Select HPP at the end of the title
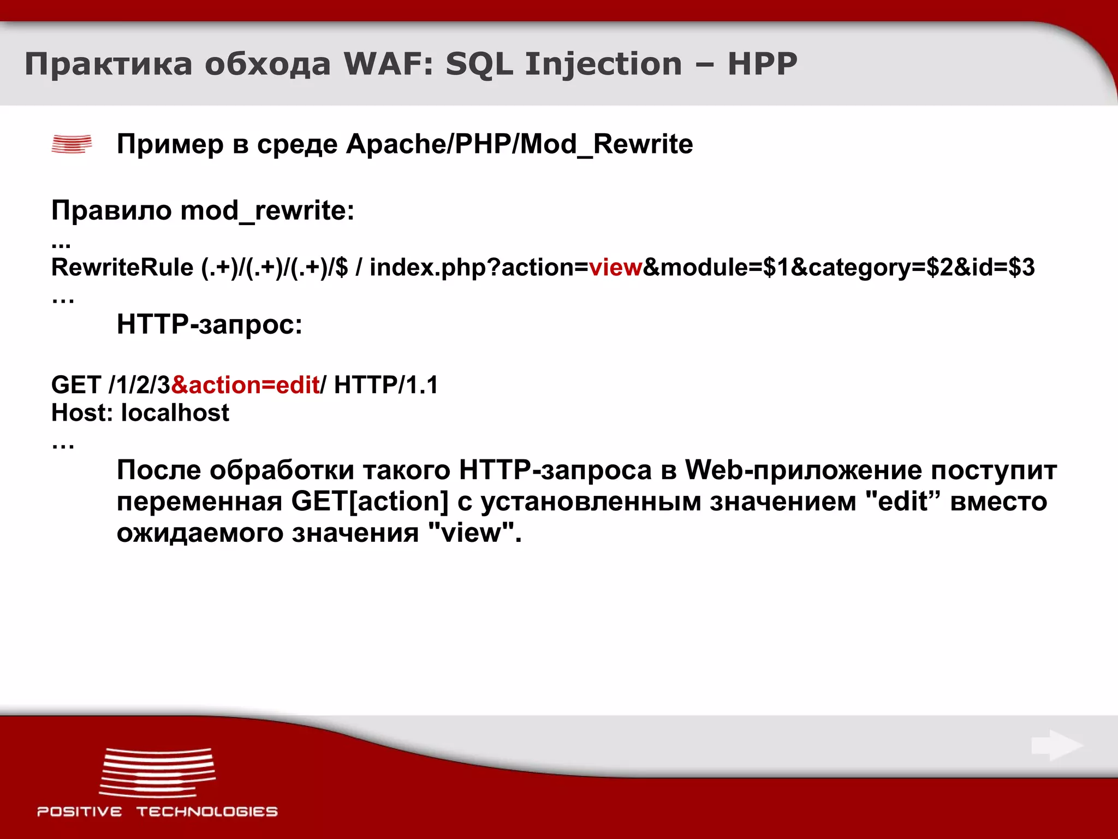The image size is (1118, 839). coord(762,64)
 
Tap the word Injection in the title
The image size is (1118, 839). coord(603,65)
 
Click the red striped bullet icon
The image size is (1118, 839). coord(72,144)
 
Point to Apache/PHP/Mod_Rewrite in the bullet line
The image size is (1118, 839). coord(519,144)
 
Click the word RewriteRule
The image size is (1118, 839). coord(122,268)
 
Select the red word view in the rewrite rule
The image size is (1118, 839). coord(615,268)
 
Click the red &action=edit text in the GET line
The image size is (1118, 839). coord(245,385)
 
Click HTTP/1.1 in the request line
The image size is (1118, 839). coord(386,385)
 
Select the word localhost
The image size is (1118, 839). coord(175,413)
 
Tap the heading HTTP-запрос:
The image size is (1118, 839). coord(210,324)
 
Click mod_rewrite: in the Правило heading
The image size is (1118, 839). coord(267,211)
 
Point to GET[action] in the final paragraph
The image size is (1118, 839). coord(370,501)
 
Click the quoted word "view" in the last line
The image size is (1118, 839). coord(471,533)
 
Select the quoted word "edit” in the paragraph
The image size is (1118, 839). coord(903,501)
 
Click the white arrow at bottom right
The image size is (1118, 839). coord(1057,745)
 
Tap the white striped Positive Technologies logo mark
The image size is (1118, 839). coord(157,772)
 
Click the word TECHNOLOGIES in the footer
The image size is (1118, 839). coord(207,812)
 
